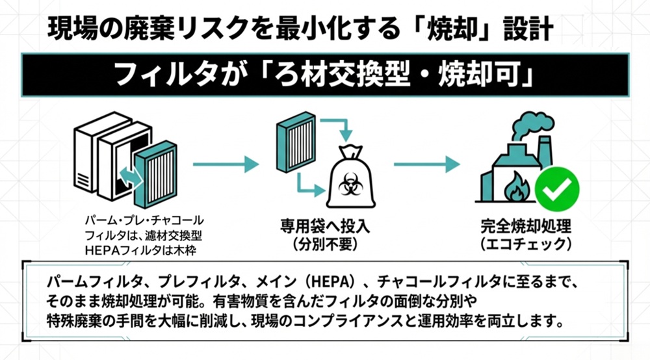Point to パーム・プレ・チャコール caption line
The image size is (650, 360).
[x=144, y=219]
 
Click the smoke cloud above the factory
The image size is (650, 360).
[x=526, y=124]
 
